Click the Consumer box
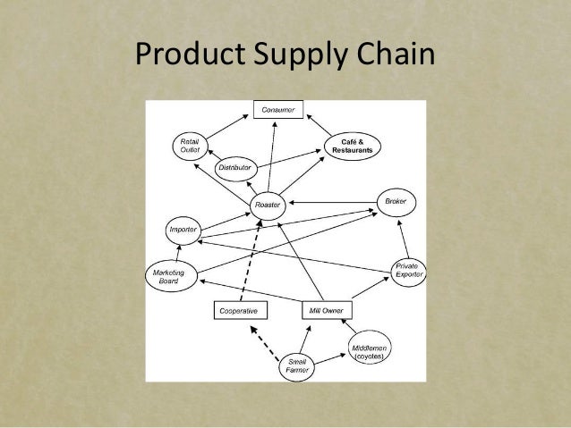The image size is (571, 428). pyautogui.click(x=277, y=110)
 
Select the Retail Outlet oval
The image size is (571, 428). pyautogui.click(x=190, y=146)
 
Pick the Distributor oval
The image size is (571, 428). pyautogui.click(x=234, y=167)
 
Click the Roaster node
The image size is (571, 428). pyautogui.click(x=268, y=205)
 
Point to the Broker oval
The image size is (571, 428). pyautogui.click(x=396, y=202)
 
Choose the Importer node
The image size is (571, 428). pyautogui.click(x=183, y=230)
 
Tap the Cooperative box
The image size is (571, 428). pyautogui.click(x=239, y=310)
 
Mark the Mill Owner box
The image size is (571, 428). pyautogui.click(x=326, y=310)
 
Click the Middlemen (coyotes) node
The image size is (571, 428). pyautogui.click(x=370, y=351)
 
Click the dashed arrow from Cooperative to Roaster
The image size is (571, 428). pyautogui.click(x=251, y=260)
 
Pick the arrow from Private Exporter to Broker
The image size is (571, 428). pyautogui.click(x=402, y=237)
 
